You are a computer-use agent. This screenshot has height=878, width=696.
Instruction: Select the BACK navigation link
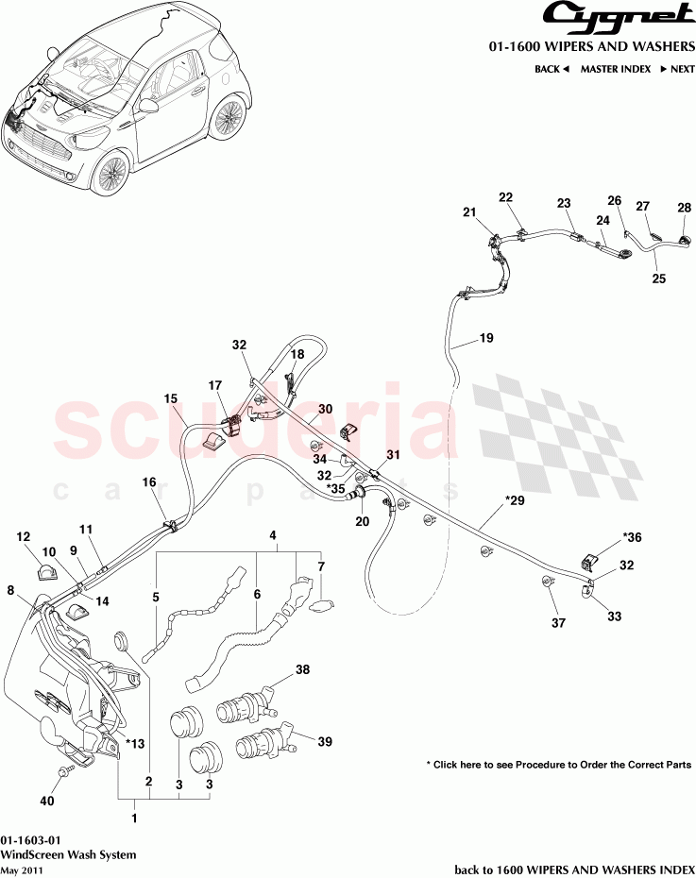click(x=552, y=69)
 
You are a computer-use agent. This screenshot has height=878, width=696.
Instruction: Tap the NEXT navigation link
click(x=676, y=69)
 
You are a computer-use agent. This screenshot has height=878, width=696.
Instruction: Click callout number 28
click(x=684, y=209)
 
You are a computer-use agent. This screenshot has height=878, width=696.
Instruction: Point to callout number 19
click(x=486, y=338)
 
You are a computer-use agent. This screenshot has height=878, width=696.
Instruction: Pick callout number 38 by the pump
click(x=302, y=669)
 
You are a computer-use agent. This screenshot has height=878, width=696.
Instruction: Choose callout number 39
click(x=325, y=743)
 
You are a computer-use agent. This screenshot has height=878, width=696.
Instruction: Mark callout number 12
click(x=24, y=537)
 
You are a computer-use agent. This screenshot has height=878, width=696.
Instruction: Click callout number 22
click(x=505, y=197)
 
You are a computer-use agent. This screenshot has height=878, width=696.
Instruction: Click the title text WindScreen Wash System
click(x=68, y=854)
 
